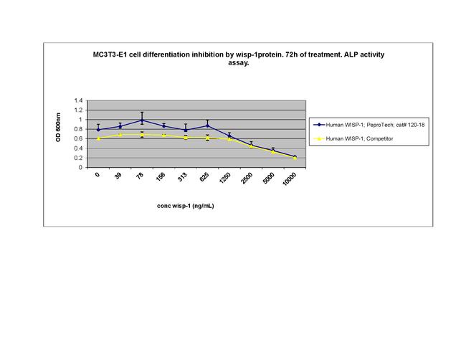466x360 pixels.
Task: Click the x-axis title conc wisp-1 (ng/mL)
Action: coord(186,206)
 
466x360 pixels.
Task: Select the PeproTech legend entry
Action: coord(372,125)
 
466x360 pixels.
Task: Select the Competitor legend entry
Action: coord(356,138)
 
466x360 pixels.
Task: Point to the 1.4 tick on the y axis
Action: coord(78,100)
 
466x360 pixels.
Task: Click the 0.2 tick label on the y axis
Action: coord(78,158)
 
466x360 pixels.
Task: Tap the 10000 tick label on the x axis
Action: coord(290,180)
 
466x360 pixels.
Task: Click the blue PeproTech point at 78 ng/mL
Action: coord(142,120)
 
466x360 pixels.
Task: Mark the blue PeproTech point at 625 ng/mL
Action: coord(207,125)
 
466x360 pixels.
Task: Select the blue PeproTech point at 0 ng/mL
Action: coord(98,130)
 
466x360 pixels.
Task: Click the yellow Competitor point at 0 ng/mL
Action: coord(98,138)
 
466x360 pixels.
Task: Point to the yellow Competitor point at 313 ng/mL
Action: coord(186,138)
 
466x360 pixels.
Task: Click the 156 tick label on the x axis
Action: coord(162,177)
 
